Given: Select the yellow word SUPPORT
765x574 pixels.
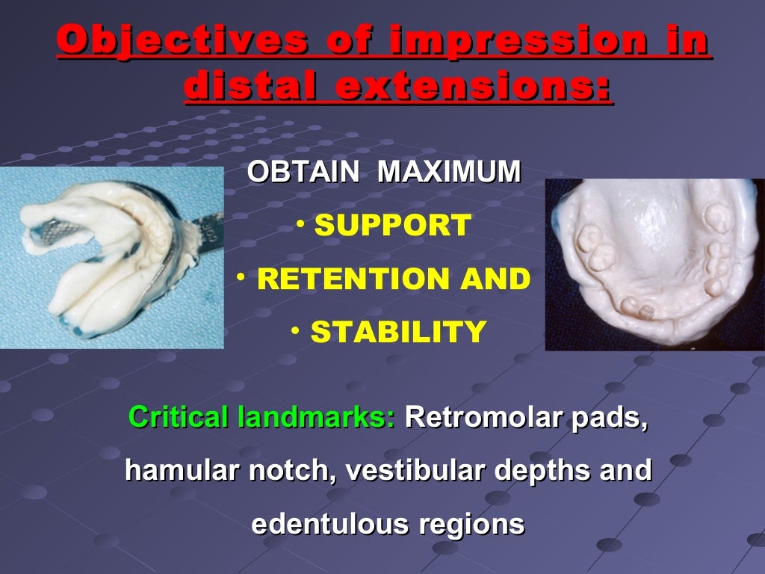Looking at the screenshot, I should tap(392, 225).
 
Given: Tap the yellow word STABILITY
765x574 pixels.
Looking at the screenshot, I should tap(397, 332).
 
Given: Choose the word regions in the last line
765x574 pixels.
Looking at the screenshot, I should tap(471, 524).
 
